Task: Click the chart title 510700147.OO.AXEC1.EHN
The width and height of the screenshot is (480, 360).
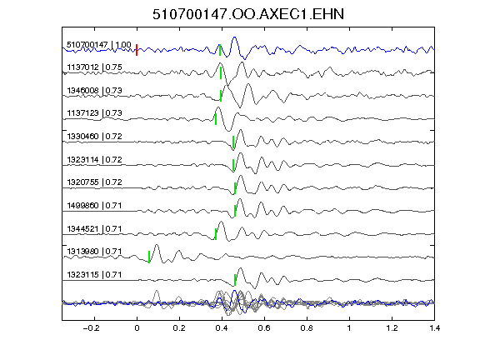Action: pyautogui.click(x=248, y=14)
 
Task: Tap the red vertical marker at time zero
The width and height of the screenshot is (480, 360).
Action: pyautogui.click(x=137, y=50)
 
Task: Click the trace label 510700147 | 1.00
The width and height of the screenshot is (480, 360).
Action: pyautogui.click(x=99, y=45)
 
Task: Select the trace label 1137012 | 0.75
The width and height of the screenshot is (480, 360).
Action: pyautogui.click(x=95, y=67)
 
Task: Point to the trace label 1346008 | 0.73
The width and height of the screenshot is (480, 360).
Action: pyautogui.click(x=95, y=91)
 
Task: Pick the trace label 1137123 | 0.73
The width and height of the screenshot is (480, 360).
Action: pyautogui.click(x=95, y=113)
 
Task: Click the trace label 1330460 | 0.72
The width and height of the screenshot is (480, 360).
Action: pyautogui.click(x=95, y=136)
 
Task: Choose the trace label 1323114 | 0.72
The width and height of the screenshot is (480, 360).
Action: pyautogui.click(x=95, y=159)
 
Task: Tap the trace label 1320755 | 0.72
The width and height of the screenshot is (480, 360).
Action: pyautogui.click(x=95, y=182)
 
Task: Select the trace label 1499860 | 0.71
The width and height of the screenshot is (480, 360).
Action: pyautogui.click(x=95, y=205)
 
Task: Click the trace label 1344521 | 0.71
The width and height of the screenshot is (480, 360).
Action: pyautogui.click(x=95, y=228)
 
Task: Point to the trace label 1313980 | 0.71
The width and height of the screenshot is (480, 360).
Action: pyautogui.click(x=95, y=252)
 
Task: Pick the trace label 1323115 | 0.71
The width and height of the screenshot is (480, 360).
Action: pyautogui.click(x=95, y=275)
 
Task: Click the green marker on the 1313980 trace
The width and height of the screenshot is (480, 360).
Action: pyautogui.click(x=149, y=257)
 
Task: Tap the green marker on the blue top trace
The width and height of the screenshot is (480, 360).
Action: pyautogui.click(x=220, y=50)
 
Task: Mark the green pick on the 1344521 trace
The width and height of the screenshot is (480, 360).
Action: pyautogui.click(x=216, y=234)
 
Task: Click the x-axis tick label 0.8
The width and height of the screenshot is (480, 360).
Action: pyautogui.click(x=307, y=328)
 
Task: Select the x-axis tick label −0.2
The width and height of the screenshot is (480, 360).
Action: pyautogui.click(x=91, y=328)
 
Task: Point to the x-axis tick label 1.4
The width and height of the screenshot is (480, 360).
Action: pyautogui.click(x=434, y=328)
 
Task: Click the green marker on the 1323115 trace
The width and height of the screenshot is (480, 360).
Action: pyautogui.click(x=235, y=280)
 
